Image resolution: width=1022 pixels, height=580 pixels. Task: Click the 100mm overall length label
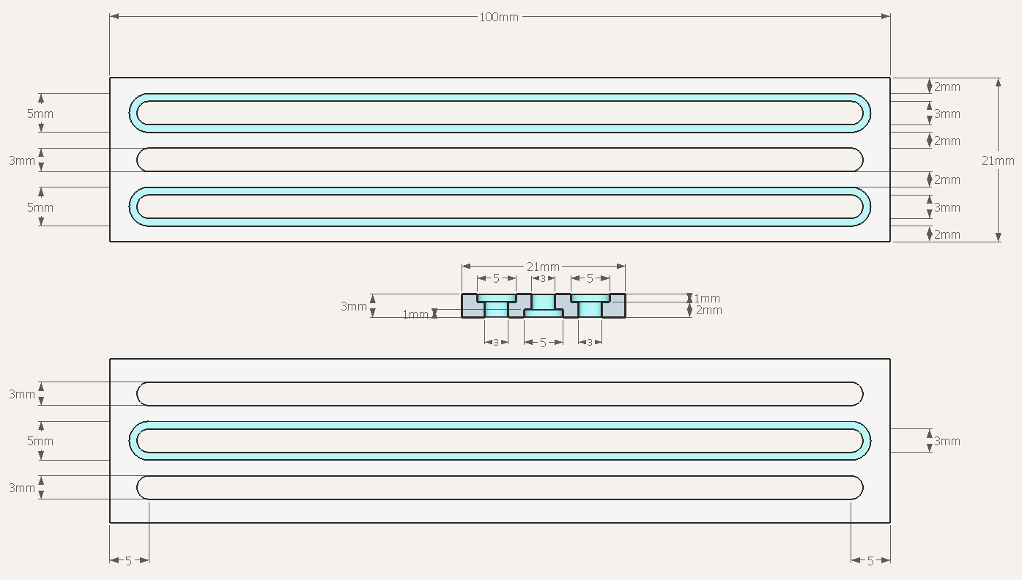[499, 18]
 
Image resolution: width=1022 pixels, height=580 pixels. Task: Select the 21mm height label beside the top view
[998, 160]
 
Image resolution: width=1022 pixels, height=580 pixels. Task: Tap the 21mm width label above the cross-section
[543, 267]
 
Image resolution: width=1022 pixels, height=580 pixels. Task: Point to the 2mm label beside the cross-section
[709, 310]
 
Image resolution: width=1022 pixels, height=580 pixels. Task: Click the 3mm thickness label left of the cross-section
[354, 306]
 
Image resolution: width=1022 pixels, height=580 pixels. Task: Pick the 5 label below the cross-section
[543, 343]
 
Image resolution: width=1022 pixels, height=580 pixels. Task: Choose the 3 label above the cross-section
[543, 278]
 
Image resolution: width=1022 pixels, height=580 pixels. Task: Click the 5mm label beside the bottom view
[40, 441]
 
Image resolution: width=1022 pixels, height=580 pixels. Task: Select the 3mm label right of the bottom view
[947, 441]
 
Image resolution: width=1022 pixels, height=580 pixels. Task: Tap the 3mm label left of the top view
[22, 160]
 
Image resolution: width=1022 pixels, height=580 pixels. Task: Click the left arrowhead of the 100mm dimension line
[114, 16]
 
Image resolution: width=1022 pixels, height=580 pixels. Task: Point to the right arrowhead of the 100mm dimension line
[886, 16]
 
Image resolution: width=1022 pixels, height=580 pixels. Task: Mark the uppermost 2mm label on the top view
[947, 86]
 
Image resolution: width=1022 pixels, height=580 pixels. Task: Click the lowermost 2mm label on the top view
[947, 234]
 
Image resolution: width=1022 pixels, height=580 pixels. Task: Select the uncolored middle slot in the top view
[500, 160]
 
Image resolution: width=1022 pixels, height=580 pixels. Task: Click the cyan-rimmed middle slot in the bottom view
[500, 425]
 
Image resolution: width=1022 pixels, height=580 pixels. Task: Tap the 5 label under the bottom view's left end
[128, 561]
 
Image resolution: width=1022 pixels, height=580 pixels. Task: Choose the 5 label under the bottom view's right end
[870, 561]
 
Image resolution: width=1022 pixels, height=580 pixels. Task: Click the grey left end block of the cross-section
[470, 306]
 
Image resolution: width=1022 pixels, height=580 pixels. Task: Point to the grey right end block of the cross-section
[617, 306]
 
